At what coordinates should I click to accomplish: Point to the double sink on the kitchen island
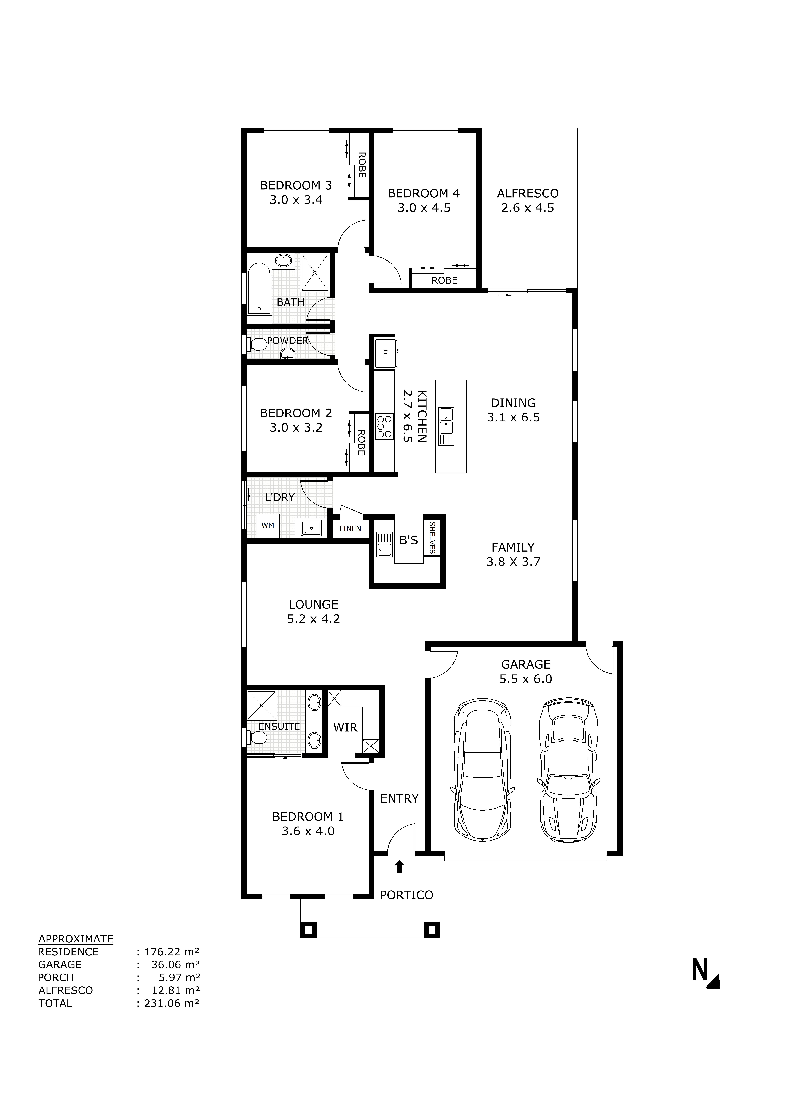(446, 421)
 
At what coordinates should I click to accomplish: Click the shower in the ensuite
(262, 705)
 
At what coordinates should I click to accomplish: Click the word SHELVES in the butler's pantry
(432, 538)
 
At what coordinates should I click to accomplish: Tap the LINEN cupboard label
(350, 528)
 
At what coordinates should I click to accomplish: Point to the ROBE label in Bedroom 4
(444, 281)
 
